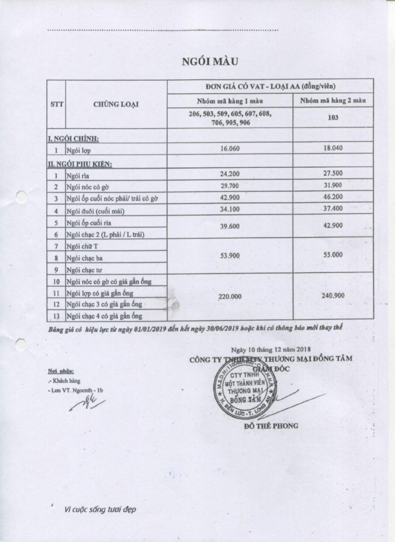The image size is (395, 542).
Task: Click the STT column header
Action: (x=57, y=105)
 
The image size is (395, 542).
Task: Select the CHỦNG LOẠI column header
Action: (x=116, y=105)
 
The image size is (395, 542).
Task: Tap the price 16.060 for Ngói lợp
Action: (x=231, y=148)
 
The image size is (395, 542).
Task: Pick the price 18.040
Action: (x=333, y=148)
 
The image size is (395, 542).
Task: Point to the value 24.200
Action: (x=230, y=173)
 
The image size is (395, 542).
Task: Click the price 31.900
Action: (x=333, y=185)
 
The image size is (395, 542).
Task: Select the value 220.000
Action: (x=230, y=296)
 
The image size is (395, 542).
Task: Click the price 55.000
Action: (x=333, y=256)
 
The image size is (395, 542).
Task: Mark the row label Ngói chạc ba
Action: (x=85, y=257)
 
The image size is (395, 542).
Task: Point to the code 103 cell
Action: (x=333, y=118)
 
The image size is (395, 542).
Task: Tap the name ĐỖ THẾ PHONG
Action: (x=271, y=426)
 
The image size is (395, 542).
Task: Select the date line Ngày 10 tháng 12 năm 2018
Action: (x=271, y=349)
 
